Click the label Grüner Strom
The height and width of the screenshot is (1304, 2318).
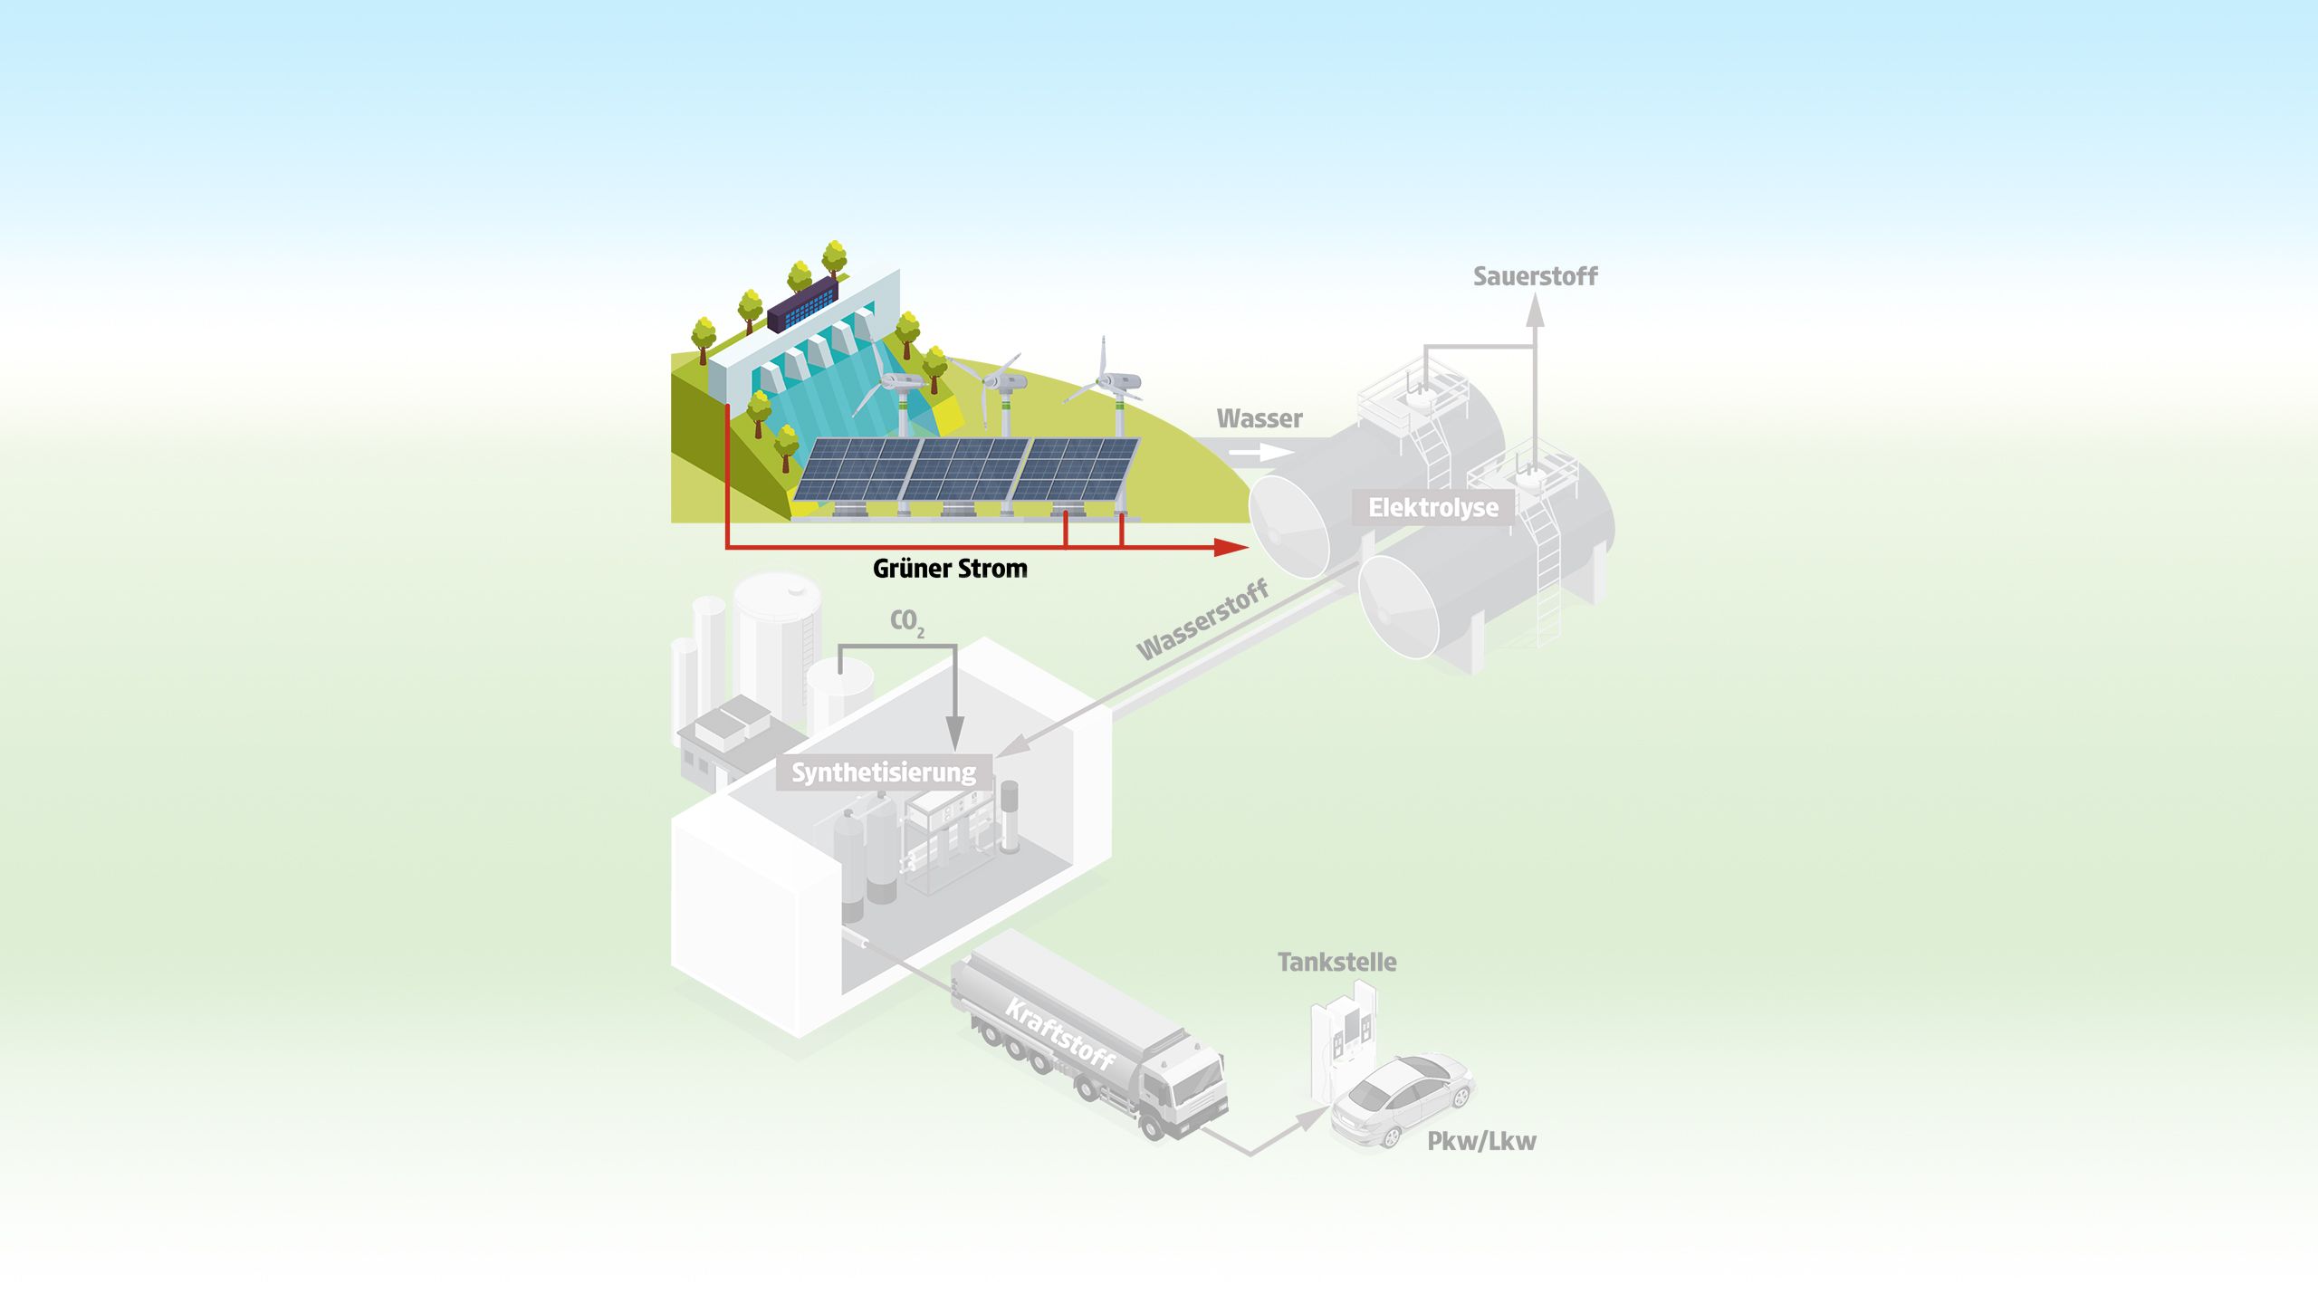tap(950, 569)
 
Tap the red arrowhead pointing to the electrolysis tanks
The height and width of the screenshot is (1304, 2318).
tap(1231, 547)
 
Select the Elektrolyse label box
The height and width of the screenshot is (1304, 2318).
tap(1433, 507)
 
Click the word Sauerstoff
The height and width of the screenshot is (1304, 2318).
tap(1535, 276)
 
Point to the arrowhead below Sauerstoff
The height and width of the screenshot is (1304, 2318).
tap(1534, 311)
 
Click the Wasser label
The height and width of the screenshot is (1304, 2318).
tap(1259, 418)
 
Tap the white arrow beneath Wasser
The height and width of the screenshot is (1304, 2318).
tap(1261, 452)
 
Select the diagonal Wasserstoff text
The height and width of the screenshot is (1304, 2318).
tap(1202, 620)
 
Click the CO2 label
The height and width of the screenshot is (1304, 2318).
tap(907, 622)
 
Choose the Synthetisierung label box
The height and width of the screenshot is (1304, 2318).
tap(884, 772)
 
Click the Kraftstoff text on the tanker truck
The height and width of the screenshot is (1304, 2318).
tap(1059, 1035)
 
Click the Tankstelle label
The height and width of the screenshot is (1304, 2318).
tap(1336, 962)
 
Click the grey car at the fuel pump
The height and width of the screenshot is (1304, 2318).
tap(1402, 1100)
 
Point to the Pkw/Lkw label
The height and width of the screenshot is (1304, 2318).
tap(1481, 1141)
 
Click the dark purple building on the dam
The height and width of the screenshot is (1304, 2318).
tap(802, 304)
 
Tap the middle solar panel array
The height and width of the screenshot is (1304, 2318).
tap(967, 471)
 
